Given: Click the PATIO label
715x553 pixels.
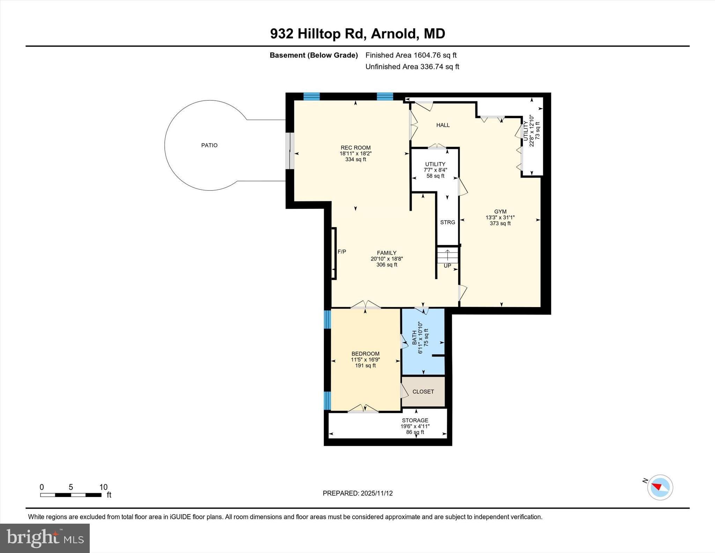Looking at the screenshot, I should coord(209,145).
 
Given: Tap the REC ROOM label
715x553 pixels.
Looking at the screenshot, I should coord(355,148).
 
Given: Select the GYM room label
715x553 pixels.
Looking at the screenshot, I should coord(500,211).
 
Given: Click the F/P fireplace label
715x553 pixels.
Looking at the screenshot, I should coord(342,252).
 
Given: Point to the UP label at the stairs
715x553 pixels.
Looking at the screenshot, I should coord(447,266).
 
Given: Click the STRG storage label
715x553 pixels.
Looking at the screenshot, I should coord(448,222).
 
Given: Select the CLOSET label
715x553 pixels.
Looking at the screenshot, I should coord(423,392).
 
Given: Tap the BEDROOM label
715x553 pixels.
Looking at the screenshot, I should coord(365,354).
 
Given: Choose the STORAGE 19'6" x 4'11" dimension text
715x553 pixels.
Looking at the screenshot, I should coord(415,426).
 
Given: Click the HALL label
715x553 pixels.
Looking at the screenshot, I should coord(443,125).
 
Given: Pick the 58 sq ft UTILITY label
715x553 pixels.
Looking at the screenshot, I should coord(435,176).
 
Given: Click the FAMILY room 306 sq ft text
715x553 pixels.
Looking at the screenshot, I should coord(386,265).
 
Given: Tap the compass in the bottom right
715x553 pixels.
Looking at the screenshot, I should coord(660,487).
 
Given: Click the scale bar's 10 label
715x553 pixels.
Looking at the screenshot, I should coord(103,487).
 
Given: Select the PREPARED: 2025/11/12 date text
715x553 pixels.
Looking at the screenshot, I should coord(357,493).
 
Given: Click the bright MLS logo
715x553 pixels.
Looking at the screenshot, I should coord(45,538).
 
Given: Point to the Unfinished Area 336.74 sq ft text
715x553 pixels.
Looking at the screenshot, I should coord(412,67).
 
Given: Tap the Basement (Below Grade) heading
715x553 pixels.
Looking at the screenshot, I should coord(314,55).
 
